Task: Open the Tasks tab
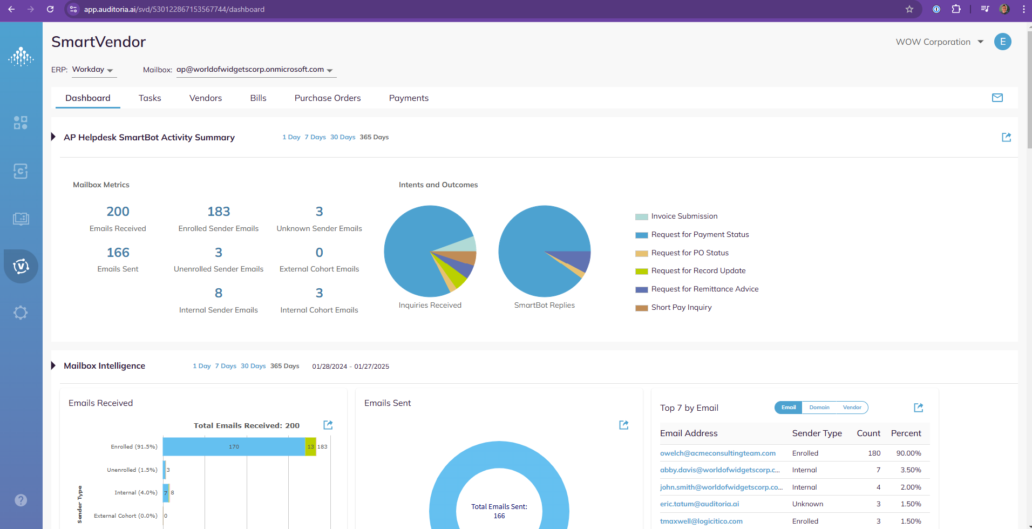tap(150, 98)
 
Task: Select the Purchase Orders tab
tap(327, 98)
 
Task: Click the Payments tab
tap(409, 98)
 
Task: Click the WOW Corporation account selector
tap(939, 42)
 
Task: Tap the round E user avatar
tap(1002, 42)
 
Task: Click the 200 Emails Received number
tap(118, 212)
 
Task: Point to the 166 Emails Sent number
tap(118, 253)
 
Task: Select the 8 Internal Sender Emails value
tap(218, 293)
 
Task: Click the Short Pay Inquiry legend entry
tap(681, 308)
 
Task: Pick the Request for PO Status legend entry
tap(689, 253)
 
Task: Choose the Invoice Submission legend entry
tap(684, 216)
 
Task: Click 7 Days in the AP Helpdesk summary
tap(315, 137)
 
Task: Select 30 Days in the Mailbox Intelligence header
tap(253, 366)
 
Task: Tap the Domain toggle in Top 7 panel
tap(819, 408)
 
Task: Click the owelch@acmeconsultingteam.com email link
tap(717, 453)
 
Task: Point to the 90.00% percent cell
tap(908, 453)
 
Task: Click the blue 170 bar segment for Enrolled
tap(234, 447)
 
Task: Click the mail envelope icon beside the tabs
tap(997, 98)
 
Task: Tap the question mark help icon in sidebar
tap(21, 500)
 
